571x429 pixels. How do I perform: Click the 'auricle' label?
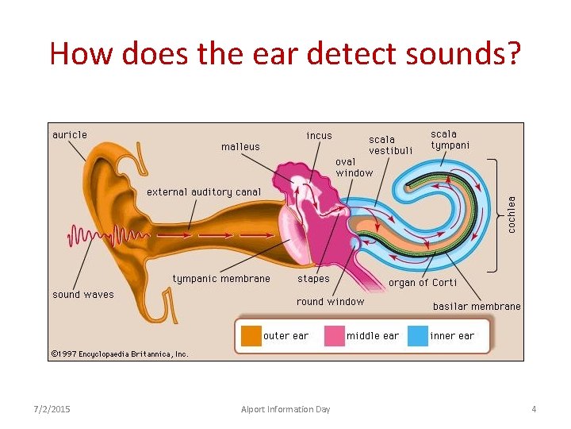[x=70, y=135]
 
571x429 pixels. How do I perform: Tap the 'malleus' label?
[x=240, y=147]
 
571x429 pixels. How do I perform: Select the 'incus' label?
[x=319, y=136]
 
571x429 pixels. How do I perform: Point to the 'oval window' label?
[x=354, y=167]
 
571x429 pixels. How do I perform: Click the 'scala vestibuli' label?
[x=390, y=145]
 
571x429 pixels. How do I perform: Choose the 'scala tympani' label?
[x=450, y=140]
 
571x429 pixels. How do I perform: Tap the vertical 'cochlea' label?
[x=512, y=214]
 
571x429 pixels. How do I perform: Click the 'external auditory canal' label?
[x=203, y=191]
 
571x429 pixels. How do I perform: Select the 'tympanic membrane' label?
[x=221, y=279]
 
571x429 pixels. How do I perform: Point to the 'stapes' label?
[x=313, y=279]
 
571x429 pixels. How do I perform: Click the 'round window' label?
[x=330, y=302]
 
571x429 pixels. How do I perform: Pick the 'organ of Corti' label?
[x=422, y=283]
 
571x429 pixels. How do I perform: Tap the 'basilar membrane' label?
[x=477, y=307]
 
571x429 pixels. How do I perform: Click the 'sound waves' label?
[x=83, y=295]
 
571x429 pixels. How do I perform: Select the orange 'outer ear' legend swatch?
[x=251, y=336]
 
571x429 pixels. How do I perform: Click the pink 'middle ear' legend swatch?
[x=334, y=336]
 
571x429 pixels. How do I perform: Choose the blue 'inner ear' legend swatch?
[x=417, y=336]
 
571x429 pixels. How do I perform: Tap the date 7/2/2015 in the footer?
[x=52, y=409]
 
